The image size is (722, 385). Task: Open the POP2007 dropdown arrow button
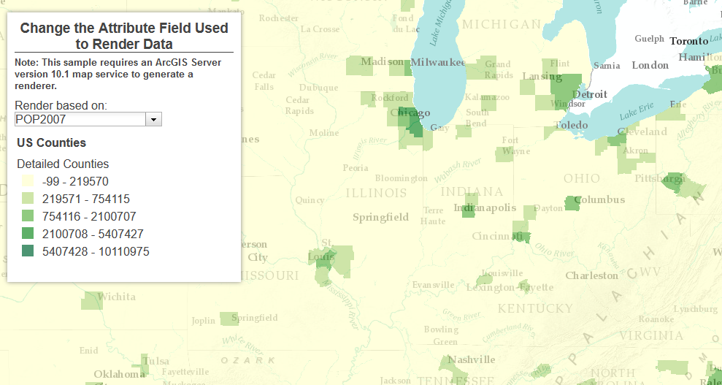click(x=153, y=119)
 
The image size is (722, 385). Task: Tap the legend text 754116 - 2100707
click(x=89, y=216)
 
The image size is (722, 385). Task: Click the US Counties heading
click(x=51, y=142)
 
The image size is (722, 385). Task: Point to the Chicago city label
click(x=410, y=113)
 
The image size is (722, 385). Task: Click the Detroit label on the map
click(x=589, y=94)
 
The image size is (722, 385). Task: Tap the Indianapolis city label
click(x=484, y=208)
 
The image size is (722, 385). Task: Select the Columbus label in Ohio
click(x=599, y=199)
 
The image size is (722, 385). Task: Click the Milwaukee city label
click(x=437, y=63)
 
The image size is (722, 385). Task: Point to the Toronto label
click(x=688, y=42)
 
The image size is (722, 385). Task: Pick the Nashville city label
click(x=471, y=359)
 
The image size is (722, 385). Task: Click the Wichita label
click(x=116, y=297)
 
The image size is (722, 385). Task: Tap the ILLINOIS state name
click(x=376, y=194)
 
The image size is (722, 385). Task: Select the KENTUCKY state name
click(x=534, y=308)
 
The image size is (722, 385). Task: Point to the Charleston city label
click(x=591, y=275)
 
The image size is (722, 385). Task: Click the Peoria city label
click(x=356, y=167)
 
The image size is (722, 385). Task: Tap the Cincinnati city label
click(x=496, y=236)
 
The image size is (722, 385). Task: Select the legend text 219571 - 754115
click(x=86, y=199)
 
